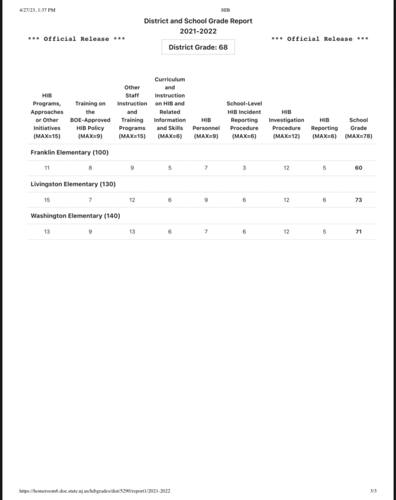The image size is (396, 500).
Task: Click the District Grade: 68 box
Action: point(198,47)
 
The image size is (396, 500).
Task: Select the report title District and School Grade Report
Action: point(198,21)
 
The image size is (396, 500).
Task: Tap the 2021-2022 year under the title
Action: point(198,32)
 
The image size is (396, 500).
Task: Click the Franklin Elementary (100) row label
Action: point(69,152)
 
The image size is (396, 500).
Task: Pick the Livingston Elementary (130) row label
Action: point(73,184)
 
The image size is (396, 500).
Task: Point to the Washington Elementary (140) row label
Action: point(75,216)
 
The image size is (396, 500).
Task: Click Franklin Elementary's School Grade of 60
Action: point(358,168)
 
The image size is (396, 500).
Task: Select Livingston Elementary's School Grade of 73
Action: point(358,200)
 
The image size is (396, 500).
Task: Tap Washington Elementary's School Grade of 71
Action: point(358,231)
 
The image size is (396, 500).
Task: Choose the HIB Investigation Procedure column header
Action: point(286,124)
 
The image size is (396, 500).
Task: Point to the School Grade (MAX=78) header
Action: point(358,128)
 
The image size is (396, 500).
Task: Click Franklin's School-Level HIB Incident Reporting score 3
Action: point(244,168)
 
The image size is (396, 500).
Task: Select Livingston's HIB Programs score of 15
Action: point(47,200)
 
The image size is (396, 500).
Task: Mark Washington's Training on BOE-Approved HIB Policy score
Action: point(90,231)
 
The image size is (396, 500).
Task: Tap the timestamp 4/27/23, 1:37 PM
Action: point(37,10)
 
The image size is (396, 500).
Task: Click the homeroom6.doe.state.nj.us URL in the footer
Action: point(94,491)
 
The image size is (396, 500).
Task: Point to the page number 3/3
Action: point(373,491)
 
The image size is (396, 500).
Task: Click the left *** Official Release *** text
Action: point(77,39)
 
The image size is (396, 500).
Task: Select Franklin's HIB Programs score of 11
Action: point(47,168)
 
